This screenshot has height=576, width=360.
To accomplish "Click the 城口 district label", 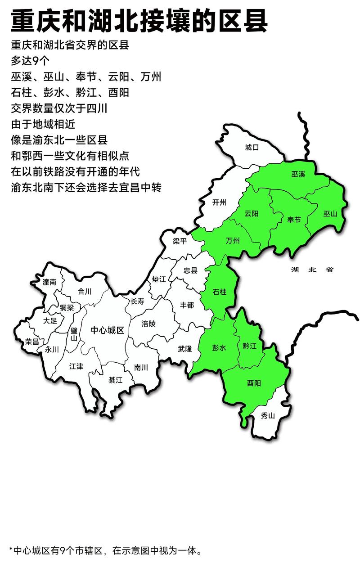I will coord(252,147).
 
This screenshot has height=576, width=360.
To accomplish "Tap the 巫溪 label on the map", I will coord(298,174).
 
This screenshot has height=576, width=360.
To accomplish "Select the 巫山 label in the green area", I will coord(330,214).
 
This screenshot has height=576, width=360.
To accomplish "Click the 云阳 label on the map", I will coord(252,214).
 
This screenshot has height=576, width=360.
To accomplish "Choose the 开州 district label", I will coord(219,202).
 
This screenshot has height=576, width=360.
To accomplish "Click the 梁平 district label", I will coord(180,241).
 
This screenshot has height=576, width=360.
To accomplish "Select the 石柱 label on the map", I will coord(219,292).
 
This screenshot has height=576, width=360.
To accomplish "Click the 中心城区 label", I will coord(107,330).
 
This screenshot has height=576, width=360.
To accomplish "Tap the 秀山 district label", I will coord(268,415).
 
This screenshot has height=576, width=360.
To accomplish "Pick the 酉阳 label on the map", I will coord(254,383).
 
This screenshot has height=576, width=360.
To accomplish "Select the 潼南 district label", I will coord(49,282).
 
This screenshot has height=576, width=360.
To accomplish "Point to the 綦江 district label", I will coord(115,380).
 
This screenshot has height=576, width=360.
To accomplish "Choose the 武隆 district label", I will coord(184,348).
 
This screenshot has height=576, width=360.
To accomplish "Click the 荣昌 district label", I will coord(32,341).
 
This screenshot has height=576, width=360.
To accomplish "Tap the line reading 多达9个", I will coord(30,61).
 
